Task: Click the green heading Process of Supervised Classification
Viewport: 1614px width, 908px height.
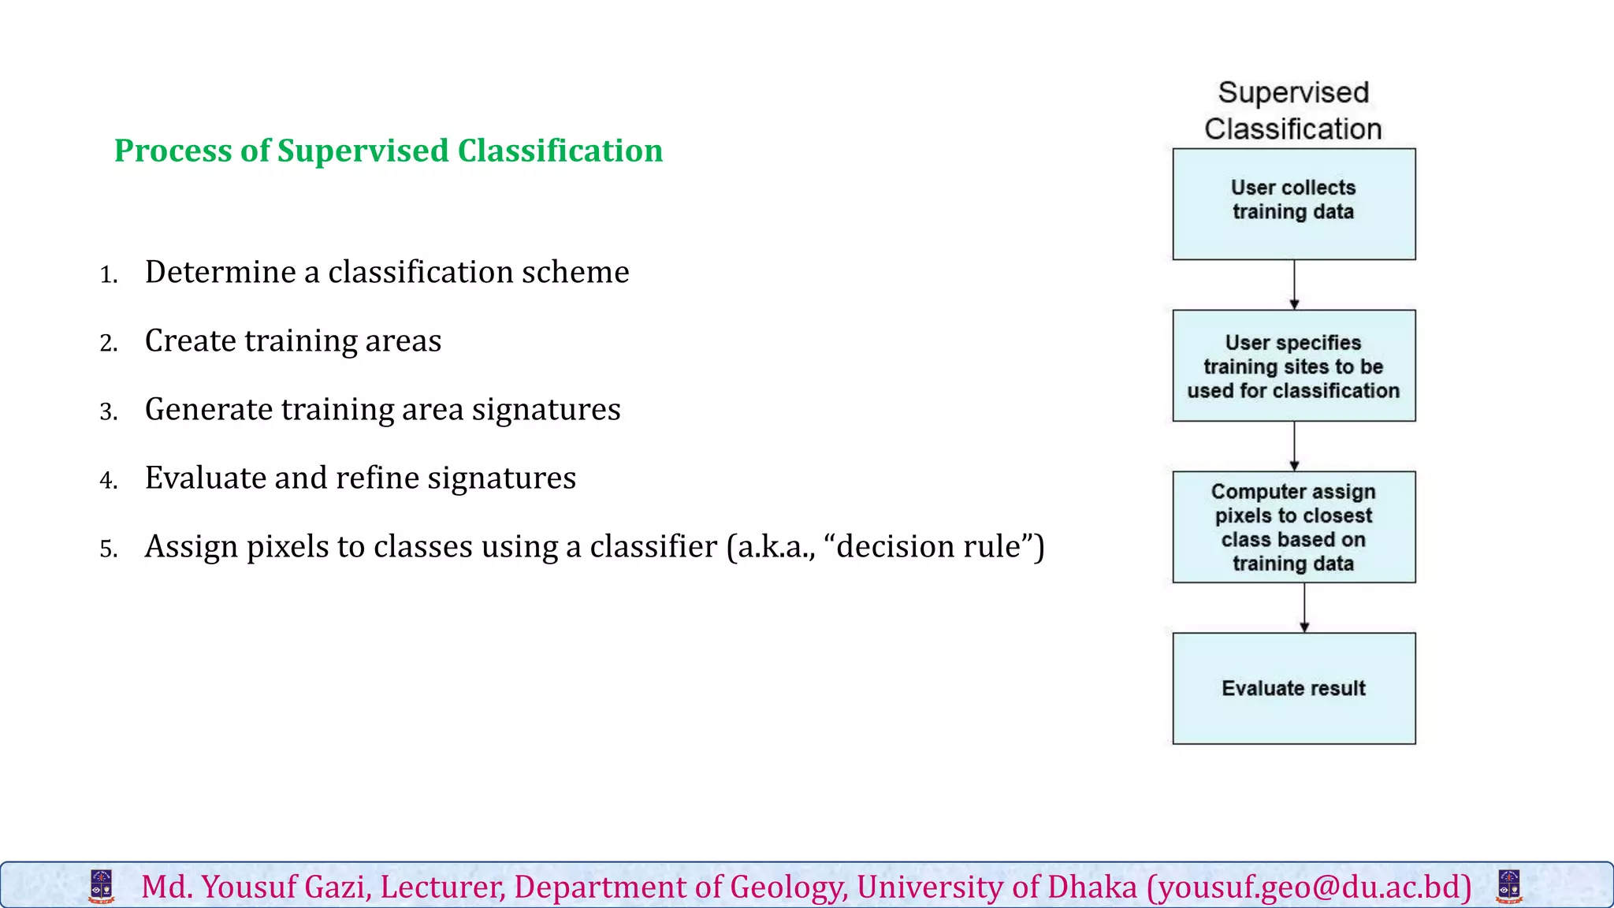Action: [x=389, y=151]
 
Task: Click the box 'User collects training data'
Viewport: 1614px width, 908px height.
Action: [x=1293, y=204]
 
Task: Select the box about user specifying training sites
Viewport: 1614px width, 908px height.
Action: [x=1293, y=366]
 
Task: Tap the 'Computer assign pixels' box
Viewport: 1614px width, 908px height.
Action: [x=1293, y=527]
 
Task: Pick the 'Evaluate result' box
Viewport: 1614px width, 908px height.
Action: [x=1293, y=688]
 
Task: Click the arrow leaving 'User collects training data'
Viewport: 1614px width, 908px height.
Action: [x=1294, y=285]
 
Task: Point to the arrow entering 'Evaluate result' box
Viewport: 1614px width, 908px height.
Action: [x=1304, y=608]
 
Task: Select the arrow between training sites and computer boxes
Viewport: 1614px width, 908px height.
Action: [x=1294, y=446]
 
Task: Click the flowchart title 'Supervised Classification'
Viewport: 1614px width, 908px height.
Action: [x=1293, y=110]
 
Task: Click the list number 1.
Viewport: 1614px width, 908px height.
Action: [x=109, y=275]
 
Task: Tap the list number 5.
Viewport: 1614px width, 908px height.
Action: [x=109, y=549]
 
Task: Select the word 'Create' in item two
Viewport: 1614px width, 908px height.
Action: [x=190, y=340]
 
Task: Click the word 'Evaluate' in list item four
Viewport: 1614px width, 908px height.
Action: [x=205, y=478]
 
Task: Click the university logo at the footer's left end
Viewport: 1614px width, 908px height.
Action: [x=102, y=886]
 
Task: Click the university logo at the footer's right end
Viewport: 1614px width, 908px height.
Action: [x=1508, y=886]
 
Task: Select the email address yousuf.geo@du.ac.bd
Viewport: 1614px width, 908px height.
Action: [x=1309, y=888]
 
